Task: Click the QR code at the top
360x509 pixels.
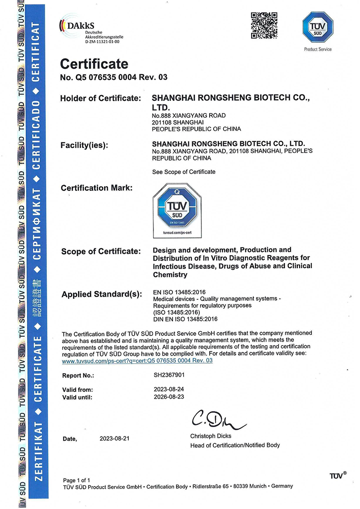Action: pos(264,26)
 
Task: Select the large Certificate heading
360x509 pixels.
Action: pos(94,64)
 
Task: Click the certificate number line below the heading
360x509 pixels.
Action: pos(114,77)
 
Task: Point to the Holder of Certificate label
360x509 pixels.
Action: pos(101,98)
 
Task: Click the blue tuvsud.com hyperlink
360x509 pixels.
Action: pos(137,360)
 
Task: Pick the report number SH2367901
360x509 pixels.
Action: pos(169,374)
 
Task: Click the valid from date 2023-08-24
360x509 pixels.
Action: pos(169,389)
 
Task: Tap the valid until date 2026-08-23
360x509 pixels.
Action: pos(169,397)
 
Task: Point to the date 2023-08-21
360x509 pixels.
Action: pos(114,438)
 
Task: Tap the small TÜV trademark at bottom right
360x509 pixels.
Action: pos(337,476)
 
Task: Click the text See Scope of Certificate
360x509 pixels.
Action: pos(184,171)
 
